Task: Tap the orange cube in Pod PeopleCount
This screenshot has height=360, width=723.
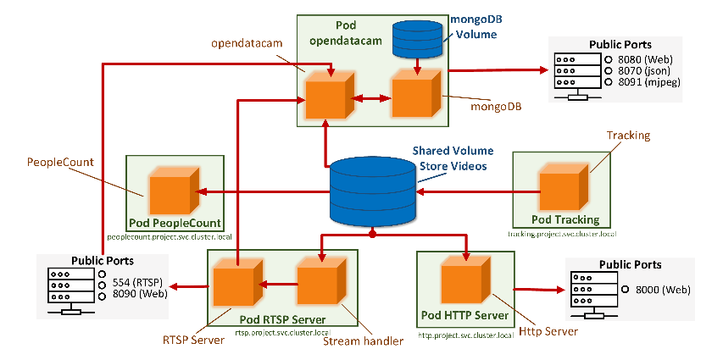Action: pyautogui.click(x=173, y=191)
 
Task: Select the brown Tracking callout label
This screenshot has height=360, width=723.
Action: pyautogui.click(x=628, y=136)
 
